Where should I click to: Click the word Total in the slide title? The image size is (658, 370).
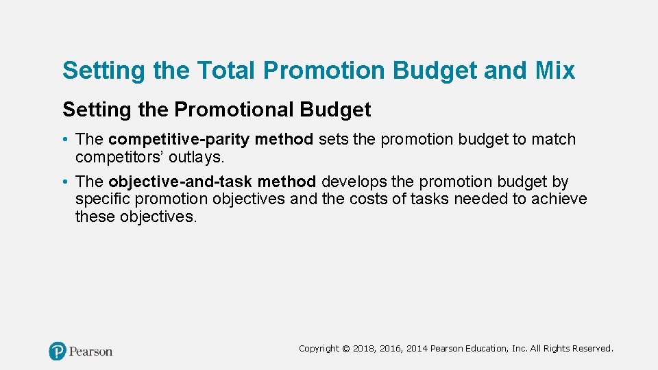click(x=223, y=71)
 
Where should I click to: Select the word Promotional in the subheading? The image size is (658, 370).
click(x=248, y=110)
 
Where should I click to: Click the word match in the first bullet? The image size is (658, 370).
click(x=554, y=140)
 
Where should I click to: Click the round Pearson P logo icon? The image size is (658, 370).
click(x=58, y=351)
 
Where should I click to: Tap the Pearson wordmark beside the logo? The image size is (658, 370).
click(x=90, y=351)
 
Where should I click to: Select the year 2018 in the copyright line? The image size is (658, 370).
click(x=363, y=349)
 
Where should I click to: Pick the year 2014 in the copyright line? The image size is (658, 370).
click(x=417, y=349)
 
